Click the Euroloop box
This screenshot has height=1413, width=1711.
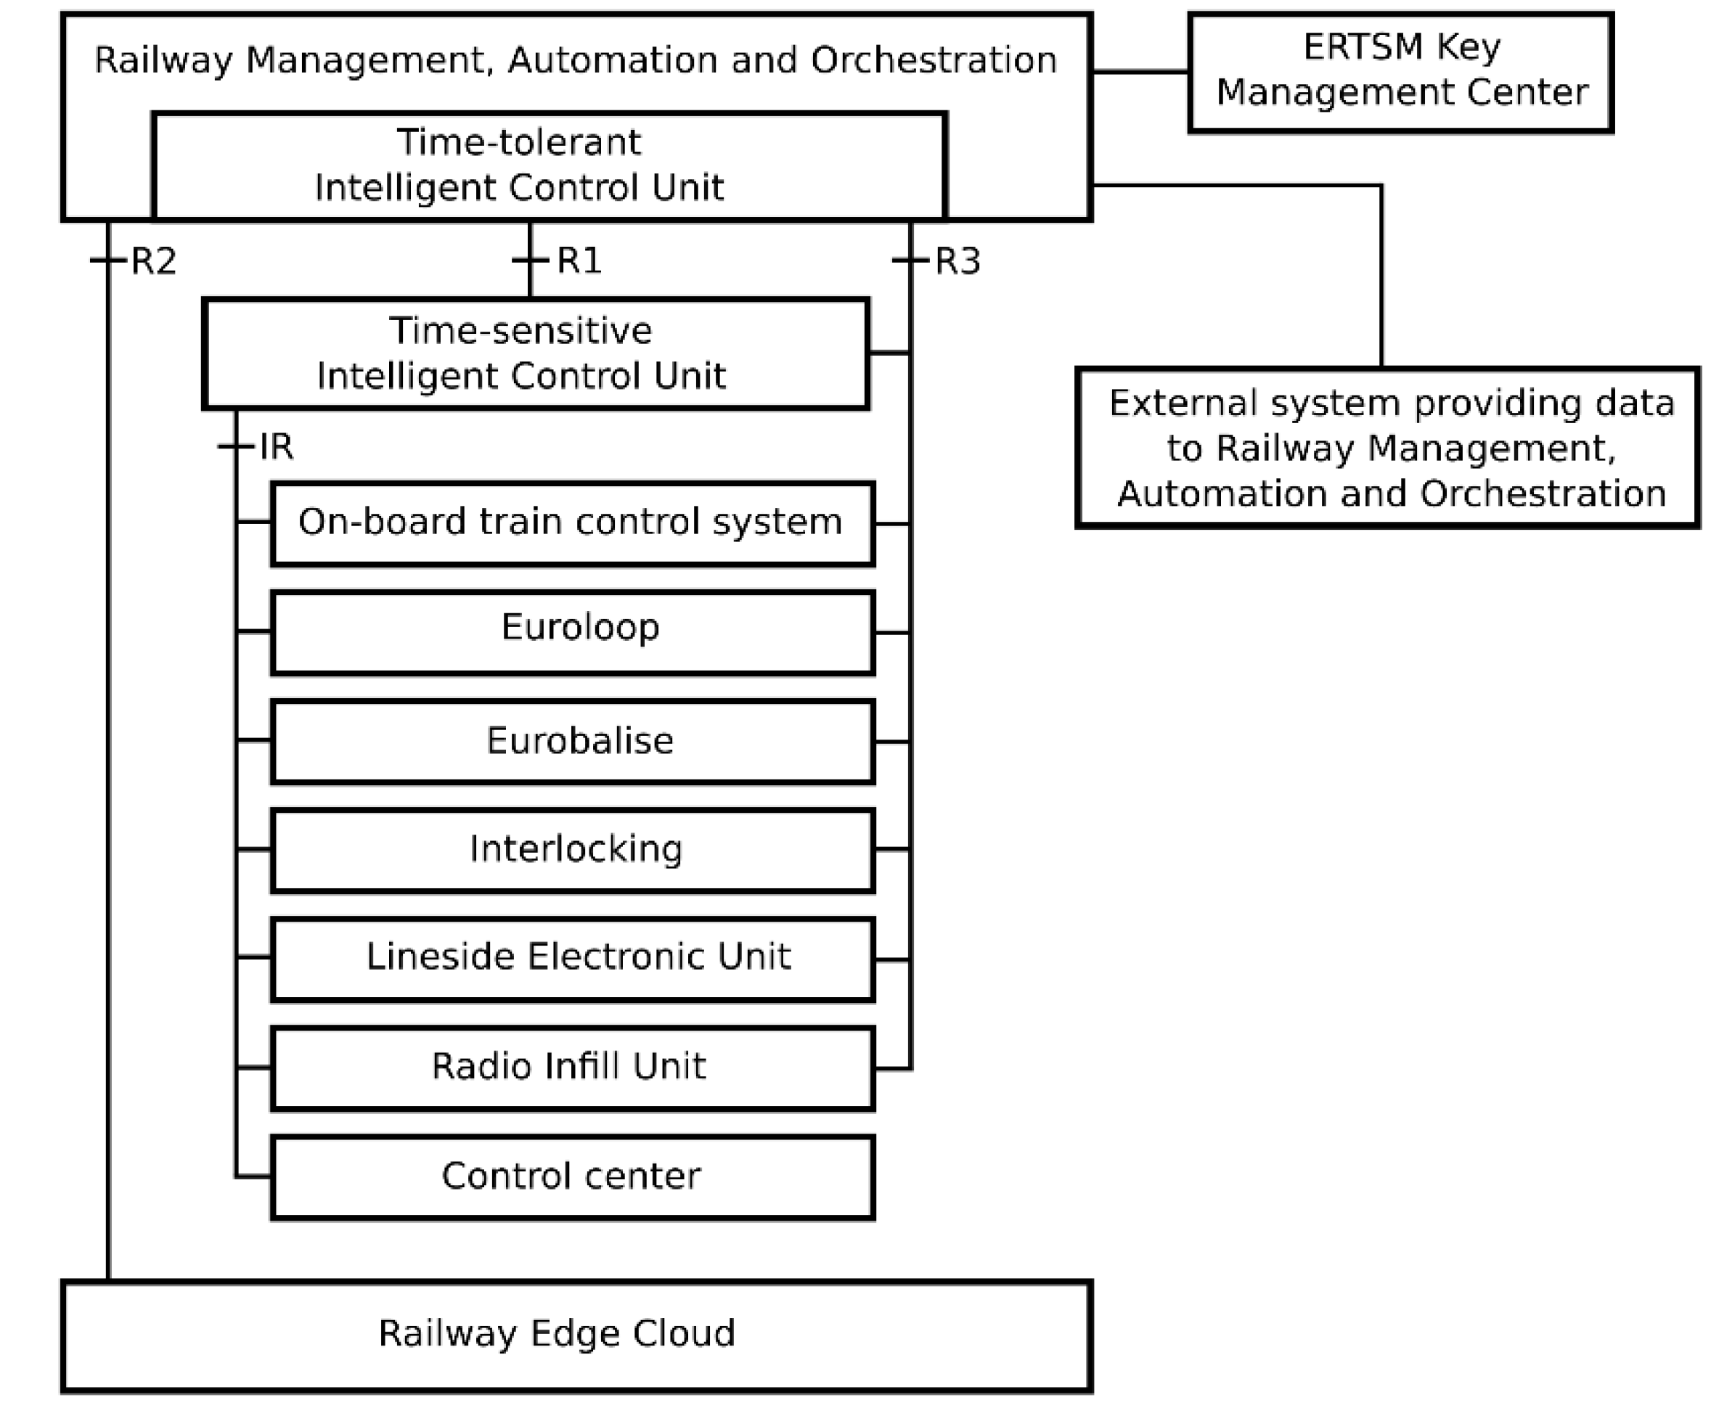[572, 632]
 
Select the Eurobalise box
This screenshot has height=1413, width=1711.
[572, 742]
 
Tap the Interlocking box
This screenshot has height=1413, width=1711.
[572, 850]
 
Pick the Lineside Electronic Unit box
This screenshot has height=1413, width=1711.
[572, 959]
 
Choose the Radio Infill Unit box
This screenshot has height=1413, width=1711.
[572, 1068]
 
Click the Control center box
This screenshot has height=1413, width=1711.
[572, 1177]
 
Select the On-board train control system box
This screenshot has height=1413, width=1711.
[572, 523]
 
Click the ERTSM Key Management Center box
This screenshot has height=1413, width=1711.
[1400, 72]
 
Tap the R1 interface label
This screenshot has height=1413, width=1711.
[579, 261]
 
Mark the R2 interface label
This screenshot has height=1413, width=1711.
[153, 261]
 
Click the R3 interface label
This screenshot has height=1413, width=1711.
[957, 261]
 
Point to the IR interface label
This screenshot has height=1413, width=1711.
[276, 447]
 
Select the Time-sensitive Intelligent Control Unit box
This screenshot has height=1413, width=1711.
[536, 353]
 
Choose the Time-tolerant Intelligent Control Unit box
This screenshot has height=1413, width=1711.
[550, 165]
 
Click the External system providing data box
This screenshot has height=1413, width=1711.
[1388, 448]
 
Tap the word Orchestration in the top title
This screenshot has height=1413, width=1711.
[933, 60]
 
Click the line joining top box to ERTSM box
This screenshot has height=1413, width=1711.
[1140, 72]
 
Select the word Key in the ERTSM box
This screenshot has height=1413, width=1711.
[1468, 46]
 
